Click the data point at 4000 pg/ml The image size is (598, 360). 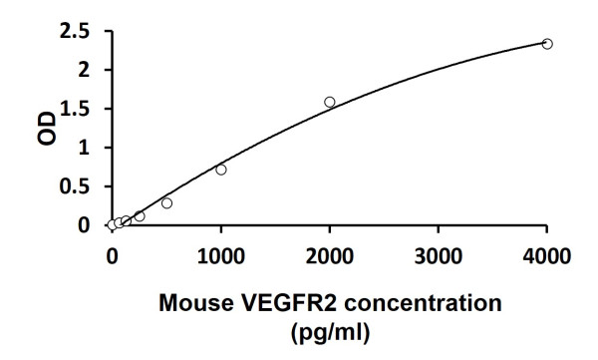(547, 44)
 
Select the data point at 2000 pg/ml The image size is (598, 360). (330, 102)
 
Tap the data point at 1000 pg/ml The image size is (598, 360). (221, 170)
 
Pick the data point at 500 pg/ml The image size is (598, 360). (166, 203)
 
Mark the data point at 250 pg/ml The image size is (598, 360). (140, 216)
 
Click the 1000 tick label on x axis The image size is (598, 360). (221, 254)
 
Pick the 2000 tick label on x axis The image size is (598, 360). (330, 254)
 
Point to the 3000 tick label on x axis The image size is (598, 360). (439, 254)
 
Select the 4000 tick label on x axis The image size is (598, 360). (547, 254)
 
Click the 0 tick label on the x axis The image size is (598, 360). (112, 254)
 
